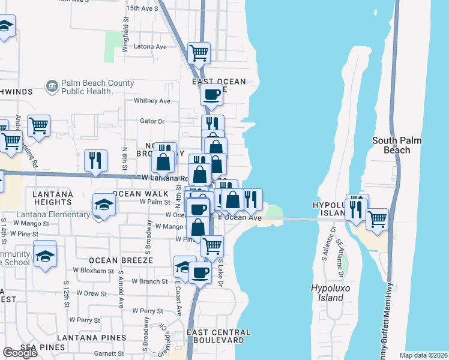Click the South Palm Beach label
coord(397,145)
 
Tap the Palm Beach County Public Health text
coord(86,88)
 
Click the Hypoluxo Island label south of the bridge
coord(327,293)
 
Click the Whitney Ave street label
coord(152,101)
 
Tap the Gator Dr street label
coord(152,121)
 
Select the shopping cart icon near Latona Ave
coord(199,53)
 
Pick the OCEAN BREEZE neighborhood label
coord(121,260)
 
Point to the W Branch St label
coord(149,281)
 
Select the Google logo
coord(20,353)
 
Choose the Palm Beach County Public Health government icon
coord(52,87)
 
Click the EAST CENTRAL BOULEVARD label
coord(218,336)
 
